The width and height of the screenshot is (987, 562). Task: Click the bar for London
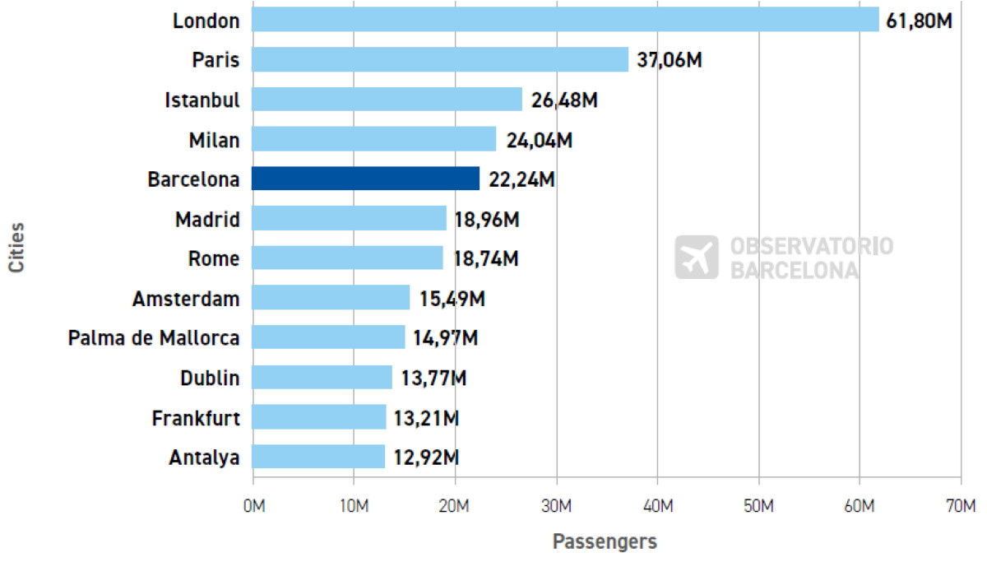click(x=565, y=19)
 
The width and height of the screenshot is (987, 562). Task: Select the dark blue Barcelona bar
click(x=365, y=179)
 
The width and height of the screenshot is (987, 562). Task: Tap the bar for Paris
click(x=440, y=59)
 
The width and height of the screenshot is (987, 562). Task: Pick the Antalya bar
click(x=318, y=457)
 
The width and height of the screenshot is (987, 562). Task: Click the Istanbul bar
click(x=387, y=99)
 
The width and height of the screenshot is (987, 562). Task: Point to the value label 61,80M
click(x=920, y=20)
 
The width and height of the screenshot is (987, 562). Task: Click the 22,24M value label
click(x=521, y=179)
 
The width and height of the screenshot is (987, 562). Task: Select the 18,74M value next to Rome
click(x=485, y=258)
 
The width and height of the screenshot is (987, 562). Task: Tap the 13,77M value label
click(x=433, y=378)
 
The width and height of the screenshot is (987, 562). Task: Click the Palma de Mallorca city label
click(x=154, y=337)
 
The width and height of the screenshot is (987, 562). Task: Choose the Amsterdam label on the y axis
click(x=186, y=298)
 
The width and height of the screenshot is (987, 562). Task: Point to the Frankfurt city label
click(x=196, y=417)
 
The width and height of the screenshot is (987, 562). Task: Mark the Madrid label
click(x=207, y=219)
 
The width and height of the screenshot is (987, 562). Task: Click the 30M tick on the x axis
click(x=556, y=504)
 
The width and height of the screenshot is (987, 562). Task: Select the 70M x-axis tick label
click(x=960, y=504)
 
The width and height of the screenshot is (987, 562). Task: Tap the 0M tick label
click(x=253, y=504)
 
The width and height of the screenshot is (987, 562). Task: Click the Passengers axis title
click(x=605, y=541)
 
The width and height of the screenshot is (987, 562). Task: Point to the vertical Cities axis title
click(x=16, y=246)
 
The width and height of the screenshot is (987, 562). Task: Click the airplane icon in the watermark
click(x=696, y=258)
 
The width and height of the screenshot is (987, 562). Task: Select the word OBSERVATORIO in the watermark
click(x=811, y=247)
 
